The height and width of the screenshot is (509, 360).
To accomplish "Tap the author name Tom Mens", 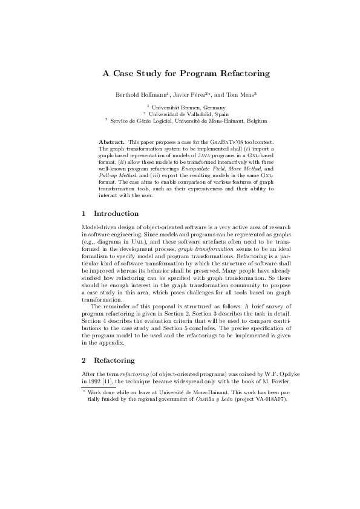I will [x=241, y=95].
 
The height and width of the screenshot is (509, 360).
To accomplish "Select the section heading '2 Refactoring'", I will [x=109, y=360].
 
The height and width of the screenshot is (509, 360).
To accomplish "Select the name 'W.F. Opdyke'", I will [x=261, y=375].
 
